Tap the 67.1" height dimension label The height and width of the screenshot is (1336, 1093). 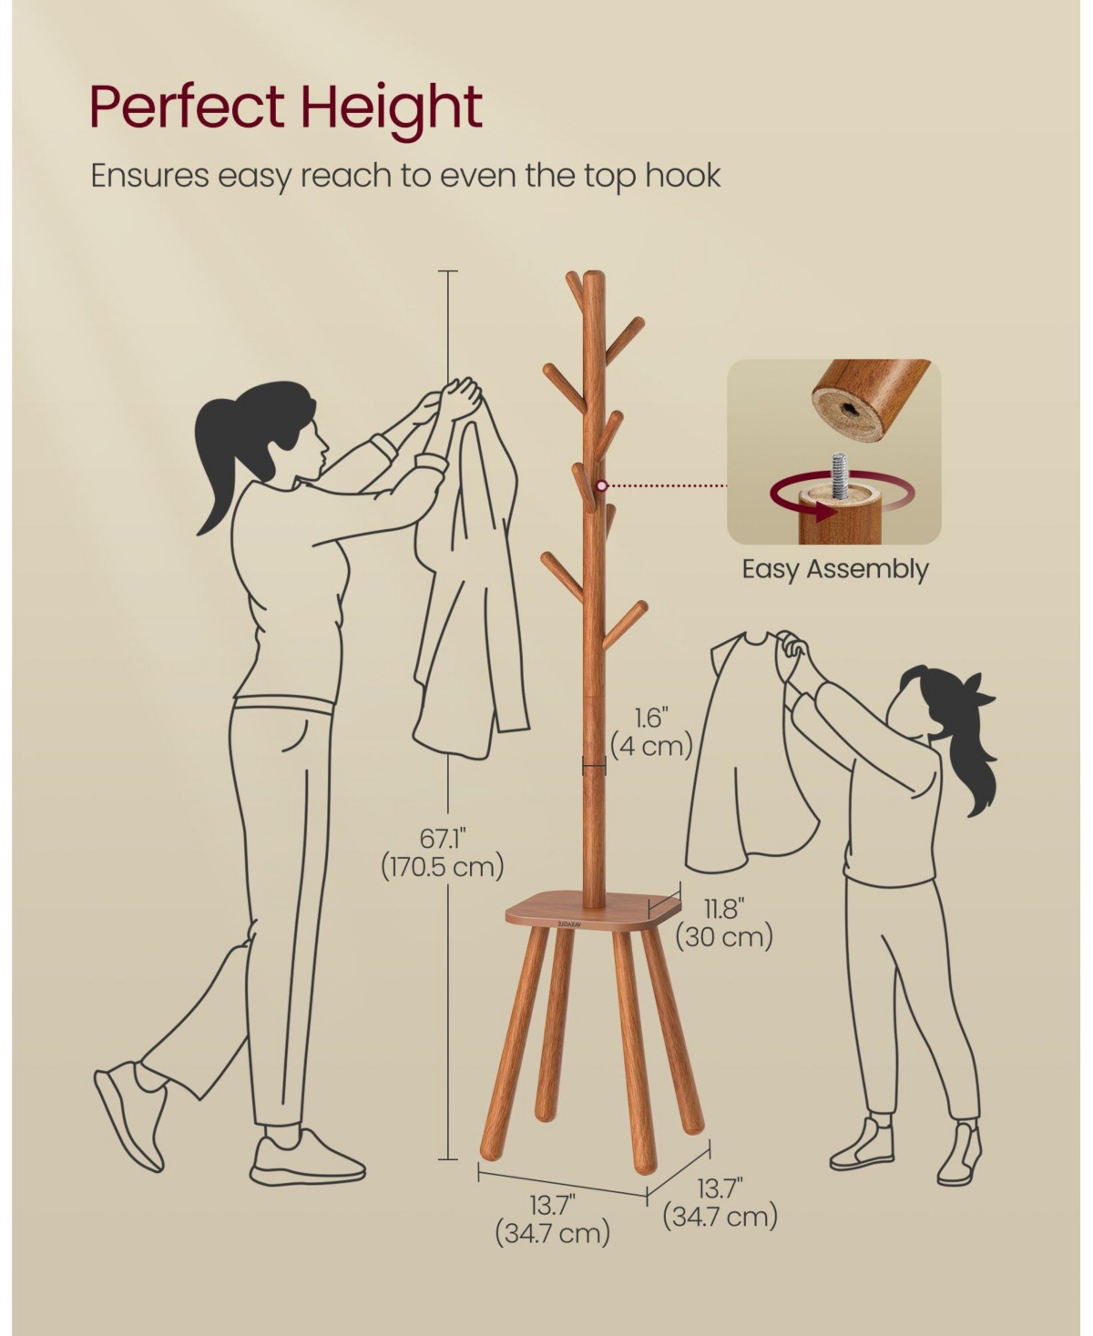click(443, 839)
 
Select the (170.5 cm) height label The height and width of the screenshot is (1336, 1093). click(443, 867)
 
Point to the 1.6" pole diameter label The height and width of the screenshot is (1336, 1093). click(652, 718)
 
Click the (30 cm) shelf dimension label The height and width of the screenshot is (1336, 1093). click(724, 937)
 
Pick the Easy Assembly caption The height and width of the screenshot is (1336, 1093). click(834, 569)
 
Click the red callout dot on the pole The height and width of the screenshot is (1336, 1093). click(603, 486)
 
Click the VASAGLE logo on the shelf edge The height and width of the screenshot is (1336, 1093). click(568, 923)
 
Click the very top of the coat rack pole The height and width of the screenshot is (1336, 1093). click(594, 273)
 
